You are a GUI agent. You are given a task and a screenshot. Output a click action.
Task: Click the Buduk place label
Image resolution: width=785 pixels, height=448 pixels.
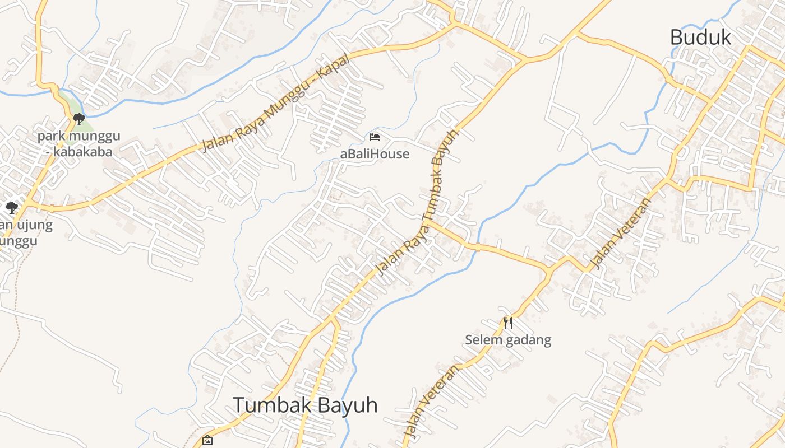[x=700, y=38]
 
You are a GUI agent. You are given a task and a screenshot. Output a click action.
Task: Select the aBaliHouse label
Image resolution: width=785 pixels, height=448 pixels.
[x=375, y=154]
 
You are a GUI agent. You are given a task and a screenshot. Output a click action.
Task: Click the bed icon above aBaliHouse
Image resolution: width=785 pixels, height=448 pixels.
[x=375, y=137]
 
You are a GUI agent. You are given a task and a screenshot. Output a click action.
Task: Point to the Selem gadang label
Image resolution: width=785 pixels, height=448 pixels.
[x=508, y=340]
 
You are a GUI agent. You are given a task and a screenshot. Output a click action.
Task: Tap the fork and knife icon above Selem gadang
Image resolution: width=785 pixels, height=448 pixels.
[x=508, y=323]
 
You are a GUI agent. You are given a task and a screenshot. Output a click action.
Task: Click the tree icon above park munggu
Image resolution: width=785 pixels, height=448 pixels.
[x=79, y=119]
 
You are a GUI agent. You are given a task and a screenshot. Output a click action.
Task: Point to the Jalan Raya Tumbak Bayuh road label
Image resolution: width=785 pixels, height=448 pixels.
[x=418, y=202]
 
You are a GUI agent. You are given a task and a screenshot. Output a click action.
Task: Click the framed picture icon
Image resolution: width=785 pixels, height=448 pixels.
[x=207, y=440]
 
